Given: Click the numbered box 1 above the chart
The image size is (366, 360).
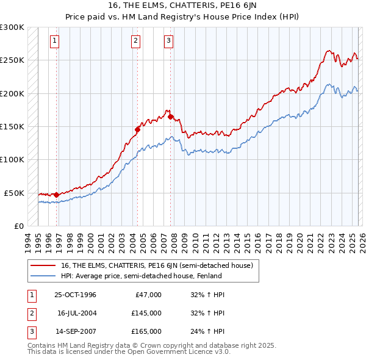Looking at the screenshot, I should pos(54,41).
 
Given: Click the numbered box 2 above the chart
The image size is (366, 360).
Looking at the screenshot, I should pos(135,41).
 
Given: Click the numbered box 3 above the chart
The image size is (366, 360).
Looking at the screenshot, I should pos(168,41).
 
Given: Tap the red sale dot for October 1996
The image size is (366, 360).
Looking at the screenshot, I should pos(57,195).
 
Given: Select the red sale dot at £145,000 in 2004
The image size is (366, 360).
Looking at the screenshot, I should pos(137,129).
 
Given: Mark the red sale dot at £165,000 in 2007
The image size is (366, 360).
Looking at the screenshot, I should pos(170,116).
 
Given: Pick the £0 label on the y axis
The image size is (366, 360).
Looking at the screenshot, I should pos(18,226).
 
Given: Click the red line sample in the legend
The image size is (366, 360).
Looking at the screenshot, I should pos(44,265).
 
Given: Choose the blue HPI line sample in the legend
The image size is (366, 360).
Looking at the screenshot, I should pos(44,276).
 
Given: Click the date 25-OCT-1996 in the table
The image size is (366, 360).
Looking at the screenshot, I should pos(75,295).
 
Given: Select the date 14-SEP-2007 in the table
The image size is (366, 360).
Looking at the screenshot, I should pos(75,331).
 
